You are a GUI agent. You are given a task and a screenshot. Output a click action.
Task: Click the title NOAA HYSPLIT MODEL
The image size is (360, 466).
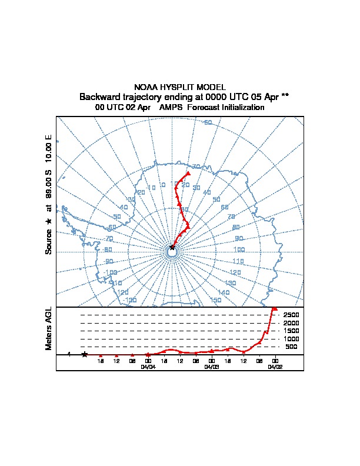pos(179,87)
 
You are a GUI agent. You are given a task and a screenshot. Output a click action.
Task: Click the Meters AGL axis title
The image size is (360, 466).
pos(49,328)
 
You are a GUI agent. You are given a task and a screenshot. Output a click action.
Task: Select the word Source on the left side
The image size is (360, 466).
pos(49,242)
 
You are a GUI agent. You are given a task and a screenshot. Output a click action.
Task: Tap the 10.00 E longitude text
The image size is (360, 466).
pos(49,149)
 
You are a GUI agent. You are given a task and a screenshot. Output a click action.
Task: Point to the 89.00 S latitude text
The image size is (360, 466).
pos(49,186)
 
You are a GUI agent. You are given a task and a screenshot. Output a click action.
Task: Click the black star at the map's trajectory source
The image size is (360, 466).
pos(172,248)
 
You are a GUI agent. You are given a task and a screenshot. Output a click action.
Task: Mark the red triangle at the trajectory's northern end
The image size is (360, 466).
pos(188,173)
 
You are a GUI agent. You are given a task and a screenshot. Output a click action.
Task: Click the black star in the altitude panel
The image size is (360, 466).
pos(85,354)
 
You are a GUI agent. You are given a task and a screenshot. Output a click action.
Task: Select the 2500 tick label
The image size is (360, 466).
pos(292,315)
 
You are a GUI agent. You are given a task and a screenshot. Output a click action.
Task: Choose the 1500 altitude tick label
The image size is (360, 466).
pos(292,331)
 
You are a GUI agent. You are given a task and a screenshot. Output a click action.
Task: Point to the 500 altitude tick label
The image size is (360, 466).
pos(292,347)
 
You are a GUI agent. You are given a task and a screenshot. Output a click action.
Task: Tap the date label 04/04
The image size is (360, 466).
pos(148,366)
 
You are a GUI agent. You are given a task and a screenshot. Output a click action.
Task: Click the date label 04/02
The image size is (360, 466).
pos(275,366)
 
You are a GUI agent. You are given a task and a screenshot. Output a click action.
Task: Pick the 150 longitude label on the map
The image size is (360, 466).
pos(215,301)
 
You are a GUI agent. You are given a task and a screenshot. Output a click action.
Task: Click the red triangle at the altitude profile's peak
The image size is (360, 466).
pos(274,308)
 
